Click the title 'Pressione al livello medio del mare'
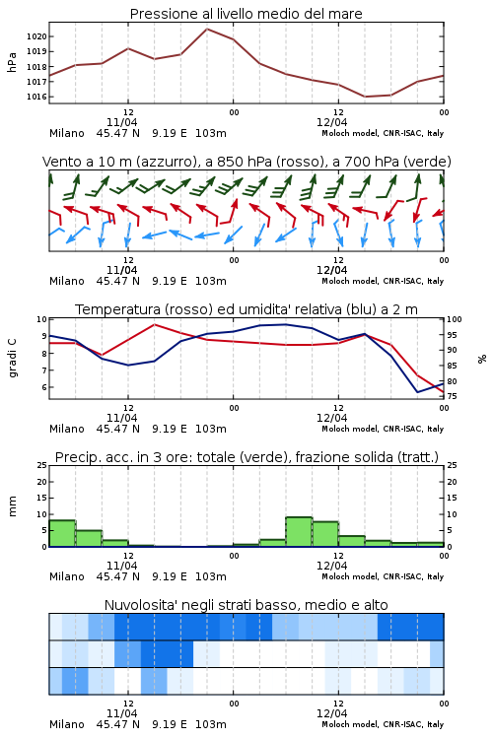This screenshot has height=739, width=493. pyautogui.click(x=246, y=14)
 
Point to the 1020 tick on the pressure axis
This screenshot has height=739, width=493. pyautogui.click(x=36, y=36)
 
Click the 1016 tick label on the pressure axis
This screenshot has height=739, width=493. pyautogui.click(x=36, y=97)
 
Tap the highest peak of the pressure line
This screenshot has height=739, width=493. pyautogui.click(x=207, y=29)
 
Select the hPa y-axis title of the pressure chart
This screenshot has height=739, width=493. pyautogui.click(x=12, y=62)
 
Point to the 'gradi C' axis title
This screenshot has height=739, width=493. pyautogui.click(x=12, y=358)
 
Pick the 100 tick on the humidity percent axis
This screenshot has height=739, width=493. pyautogui.click(x=455, y=319)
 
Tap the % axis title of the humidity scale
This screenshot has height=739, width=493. pyautogui.click(x=482, y=359)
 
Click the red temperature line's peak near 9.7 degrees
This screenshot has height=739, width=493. pyautogui.click(x=154, y=324)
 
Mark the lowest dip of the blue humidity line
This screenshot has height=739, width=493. pyautogui.click(x=417, y=392)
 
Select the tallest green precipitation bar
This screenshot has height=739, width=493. pyautogui.click(x=299, y=532)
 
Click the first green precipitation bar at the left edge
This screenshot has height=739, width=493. pyautogui.click(x=62, y=533)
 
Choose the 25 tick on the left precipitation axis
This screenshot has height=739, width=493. pyautogui.click(x=42, y=465)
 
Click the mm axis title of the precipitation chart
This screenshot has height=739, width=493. pyautogui.click(x=12, y=505)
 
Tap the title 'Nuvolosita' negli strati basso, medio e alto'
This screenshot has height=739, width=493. pyautogui.click(x=246, y=605)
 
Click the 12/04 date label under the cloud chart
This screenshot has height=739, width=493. pyautogui.click(x=331, y=713)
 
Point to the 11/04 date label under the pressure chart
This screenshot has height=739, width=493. pyautogui.click(x=121, y=122)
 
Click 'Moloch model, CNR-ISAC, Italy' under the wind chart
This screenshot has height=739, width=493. pyautogui.click(x=383, y=281)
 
